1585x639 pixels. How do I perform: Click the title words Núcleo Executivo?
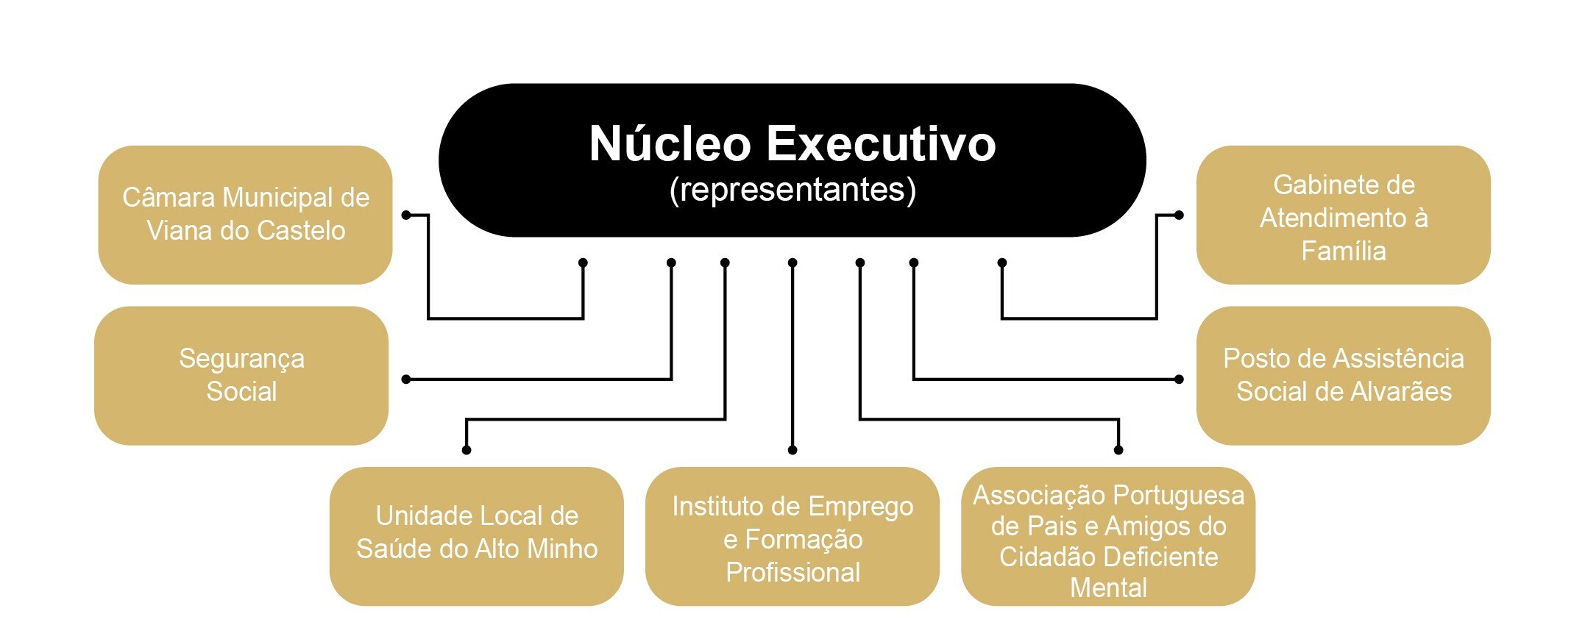(x=792, y=144)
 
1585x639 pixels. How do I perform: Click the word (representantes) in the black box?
(x=792, y=190)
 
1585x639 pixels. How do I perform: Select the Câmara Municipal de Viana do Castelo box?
(x=245, y=214)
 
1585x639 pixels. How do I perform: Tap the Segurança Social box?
(x=241, y=375)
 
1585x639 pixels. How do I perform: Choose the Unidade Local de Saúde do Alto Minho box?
(x=476, y=535)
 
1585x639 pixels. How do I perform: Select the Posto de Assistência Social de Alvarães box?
(x=1343, y=375)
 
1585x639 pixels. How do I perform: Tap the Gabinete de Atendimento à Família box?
(x=1343, y=215)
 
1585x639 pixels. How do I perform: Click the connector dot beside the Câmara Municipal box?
(x=406, y=215)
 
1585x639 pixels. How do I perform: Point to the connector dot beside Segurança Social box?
(x=406, y=379)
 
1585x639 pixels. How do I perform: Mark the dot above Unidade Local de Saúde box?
(x=467, y=449)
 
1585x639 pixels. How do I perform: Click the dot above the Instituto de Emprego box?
(x=792, y=449)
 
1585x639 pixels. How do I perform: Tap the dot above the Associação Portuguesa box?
(x=1118, y=449)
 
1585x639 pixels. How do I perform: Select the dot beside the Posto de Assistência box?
(x=1179, y=379)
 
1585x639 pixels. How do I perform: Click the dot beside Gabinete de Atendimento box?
(x=1179, y=215)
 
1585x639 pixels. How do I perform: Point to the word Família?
(x=1343, y=251)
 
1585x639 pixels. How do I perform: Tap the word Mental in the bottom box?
(x=1108, y=588)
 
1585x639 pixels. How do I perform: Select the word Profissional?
(x=792, y=572)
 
